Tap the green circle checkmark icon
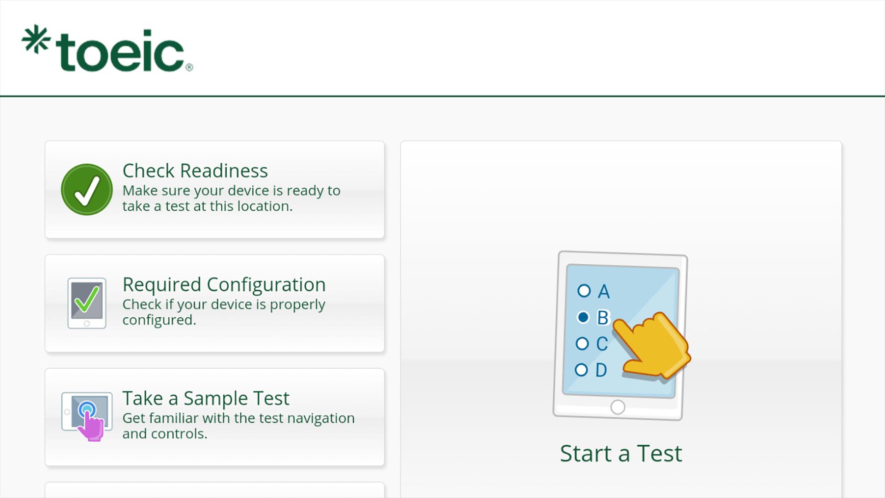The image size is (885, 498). [87, 190]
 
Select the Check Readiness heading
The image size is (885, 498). [195, 171]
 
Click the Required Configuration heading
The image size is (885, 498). [224, 285]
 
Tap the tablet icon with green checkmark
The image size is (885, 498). [87, 303]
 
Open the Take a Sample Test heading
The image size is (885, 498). [206, 398]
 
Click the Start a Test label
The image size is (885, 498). [621, 453]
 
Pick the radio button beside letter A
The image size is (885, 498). [584, 290]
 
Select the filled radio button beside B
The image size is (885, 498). [583, 317]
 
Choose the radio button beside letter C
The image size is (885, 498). [582, 344]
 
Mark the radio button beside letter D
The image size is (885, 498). [581, 370]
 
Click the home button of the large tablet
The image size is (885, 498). [618, 407]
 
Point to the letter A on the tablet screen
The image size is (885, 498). [604, 291]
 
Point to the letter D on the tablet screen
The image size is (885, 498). [601, 370]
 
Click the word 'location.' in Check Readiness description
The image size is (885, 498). [265, 206]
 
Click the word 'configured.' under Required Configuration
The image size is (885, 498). [159, 320]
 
